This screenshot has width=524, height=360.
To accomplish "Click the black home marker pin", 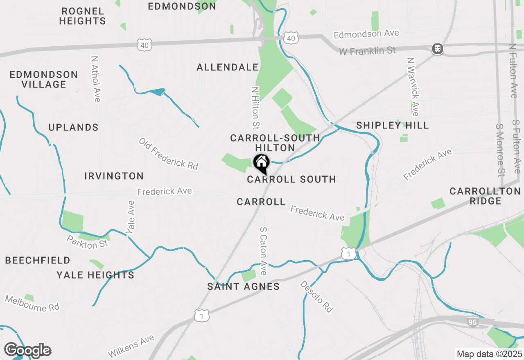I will (261, 163).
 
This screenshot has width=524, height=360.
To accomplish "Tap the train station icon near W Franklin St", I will (438, 49).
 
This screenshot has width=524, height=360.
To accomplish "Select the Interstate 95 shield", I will (473, 322).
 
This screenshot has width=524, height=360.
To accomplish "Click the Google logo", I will (27, 350).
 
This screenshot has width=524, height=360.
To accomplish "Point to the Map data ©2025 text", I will (489, 354).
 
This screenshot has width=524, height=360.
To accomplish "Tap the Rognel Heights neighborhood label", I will (82, 16).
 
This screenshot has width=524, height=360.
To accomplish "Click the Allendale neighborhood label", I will (228, 67).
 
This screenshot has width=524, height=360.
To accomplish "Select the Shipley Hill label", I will (392, 125).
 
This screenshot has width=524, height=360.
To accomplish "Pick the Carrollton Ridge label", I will (485, 196).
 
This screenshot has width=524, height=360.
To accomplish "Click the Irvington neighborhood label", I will (114, 176).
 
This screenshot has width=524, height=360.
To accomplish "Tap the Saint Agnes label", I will (244, 286).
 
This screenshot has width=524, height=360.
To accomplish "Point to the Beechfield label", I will (38, 260).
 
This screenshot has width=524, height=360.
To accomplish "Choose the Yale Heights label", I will (95, 275).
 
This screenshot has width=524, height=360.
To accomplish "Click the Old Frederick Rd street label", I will (168, 153).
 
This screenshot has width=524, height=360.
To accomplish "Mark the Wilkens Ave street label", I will (131, 346).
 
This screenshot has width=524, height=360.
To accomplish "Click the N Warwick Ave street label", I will (413, 86).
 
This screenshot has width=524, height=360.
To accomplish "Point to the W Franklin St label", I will (367, 51).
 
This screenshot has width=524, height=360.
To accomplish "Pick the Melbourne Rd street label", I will (32, 303).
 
